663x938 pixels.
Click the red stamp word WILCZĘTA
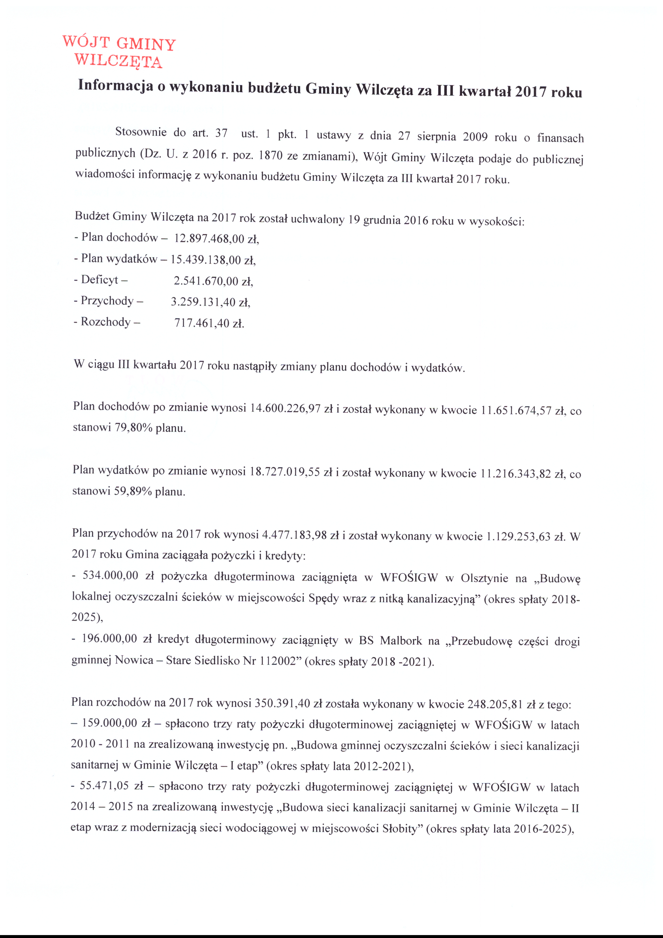coord(118,61)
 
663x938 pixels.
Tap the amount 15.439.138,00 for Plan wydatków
coord(206,260)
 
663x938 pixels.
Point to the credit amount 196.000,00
coord(109,638)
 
